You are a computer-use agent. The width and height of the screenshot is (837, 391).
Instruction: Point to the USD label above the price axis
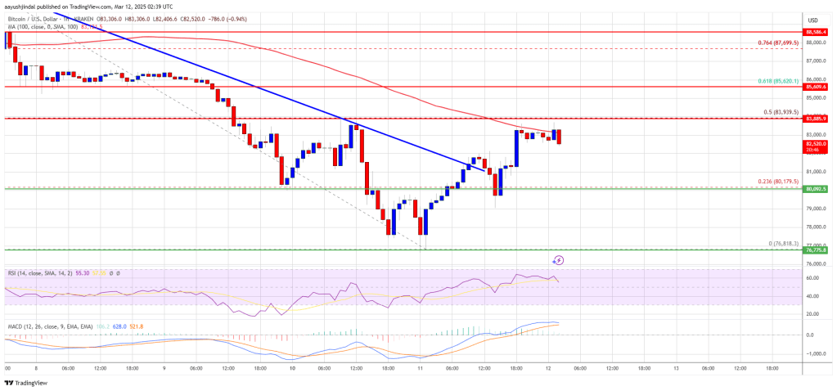[x=814, y=20]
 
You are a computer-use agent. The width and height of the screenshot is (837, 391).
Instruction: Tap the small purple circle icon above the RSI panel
[x=558, y=260]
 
